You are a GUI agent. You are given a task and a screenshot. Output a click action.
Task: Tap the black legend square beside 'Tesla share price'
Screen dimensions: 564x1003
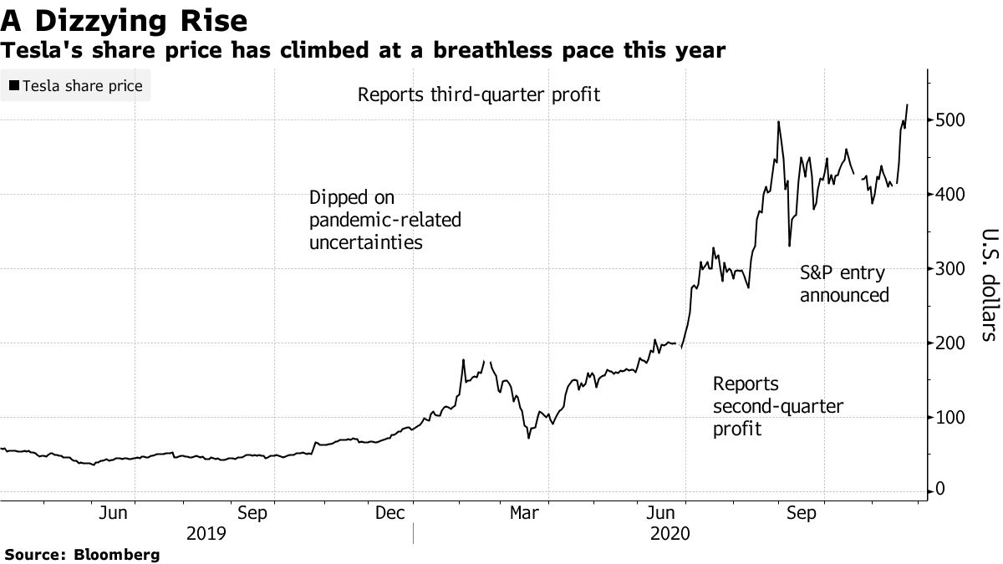13,86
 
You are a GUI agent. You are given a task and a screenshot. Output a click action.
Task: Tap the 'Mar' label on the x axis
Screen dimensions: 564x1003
524,513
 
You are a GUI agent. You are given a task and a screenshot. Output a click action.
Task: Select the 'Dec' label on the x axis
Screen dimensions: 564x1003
389,513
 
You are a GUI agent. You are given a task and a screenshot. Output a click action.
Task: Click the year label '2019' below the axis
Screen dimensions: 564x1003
206,533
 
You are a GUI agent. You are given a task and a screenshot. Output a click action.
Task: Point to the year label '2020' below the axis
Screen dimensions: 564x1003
670,533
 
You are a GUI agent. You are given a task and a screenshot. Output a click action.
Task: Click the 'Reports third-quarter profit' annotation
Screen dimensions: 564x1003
479,94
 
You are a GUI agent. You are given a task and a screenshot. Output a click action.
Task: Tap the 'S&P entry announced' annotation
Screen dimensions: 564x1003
844,284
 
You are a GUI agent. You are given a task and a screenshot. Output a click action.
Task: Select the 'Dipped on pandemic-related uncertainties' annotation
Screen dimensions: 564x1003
385,221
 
